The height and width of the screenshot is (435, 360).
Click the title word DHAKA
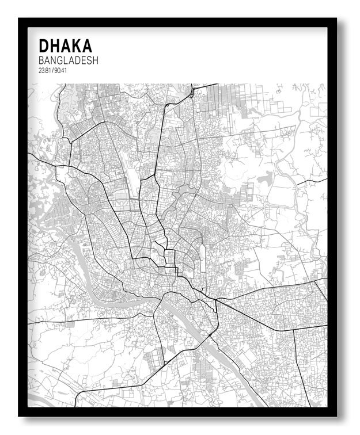point(65,46)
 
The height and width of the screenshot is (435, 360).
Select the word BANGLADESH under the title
point(69,60)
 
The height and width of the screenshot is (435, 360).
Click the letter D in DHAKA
point(44,46)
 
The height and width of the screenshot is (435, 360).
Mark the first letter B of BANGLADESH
point(41,60)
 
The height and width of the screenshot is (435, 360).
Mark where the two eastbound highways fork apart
point(217,301)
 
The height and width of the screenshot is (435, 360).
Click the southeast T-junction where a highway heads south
point(293,330)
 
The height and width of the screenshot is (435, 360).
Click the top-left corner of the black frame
point(20,20)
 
